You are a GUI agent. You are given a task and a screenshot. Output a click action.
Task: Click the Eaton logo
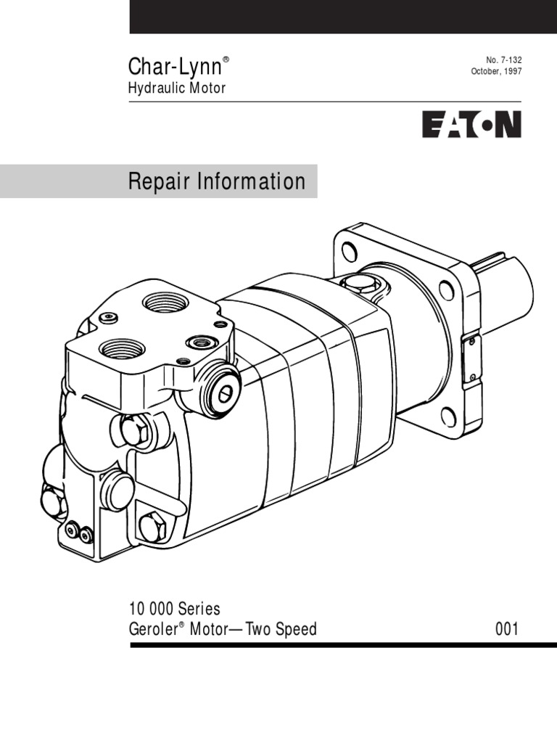pyautogui.click(x=471, y=124)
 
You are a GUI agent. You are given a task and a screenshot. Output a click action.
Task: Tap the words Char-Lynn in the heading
pyautogui.click(x=174, y=67)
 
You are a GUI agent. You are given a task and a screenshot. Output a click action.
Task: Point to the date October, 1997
pyautogui.click(x=497, y=72)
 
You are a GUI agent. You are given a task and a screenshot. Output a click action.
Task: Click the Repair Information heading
pyautogui.click(x=217, y=181)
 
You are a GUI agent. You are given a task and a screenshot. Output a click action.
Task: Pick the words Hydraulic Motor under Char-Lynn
pyautogui.click(x=177, y=89)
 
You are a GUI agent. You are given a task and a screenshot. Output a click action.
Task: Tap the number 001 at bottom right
pyautogui.click(x=507, y=628)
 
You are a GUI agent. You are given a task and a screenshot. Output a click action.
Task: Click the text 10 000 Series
pyautogui.click(x=174, y=608)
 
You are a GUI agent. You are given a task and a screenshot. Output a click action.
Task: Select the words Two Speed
pyautogui.click(x=281, y=628)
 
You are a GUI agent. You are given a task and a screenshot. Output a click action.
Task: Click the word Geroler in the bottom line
pyautogui.click(x=153, y=628)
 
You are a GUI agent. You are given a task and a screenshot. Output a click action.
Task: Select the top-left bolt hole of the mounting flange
pyautogui.click(x=350, y=253)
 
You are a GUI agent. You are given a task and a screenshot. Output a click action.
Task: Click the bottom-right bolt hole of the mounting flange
pyautogui.click(x=448, y=416)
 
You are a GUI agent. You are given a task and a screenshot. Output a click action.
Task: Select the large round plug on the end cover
pyautogui.click(x=117, y=490)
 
